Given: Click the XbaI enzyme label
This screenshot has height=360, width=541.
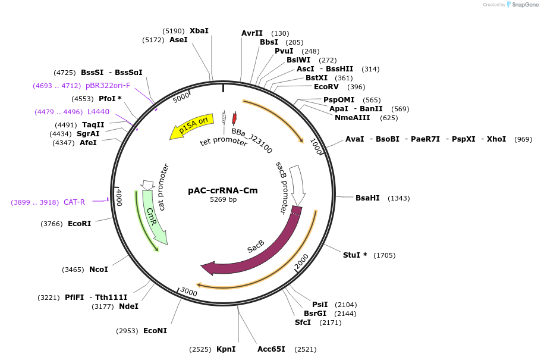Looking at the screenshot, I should click(x=199, y=31).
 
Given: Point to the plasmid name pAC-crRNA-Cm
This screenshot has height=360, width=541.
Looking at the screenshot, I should click(x=223, y=190).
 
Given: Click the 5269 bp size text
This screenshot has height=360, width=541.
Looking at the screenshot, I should click(x=223, y=200).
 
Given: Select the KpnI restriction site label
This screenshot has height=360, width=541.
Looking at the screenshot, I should click(x=226, y=349).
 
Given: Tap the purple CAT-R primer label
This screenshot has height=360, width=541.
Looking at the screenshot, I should click(x=74, y=202).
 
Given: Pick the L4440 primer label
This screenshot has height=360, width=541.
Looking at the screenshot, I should click(x=98, y=112).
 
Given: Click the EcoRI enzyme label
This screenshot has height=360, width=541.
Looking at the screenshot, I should click(x=79, y=224).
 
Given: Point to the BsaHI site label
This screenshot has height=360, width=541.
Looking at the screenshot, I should click(x=367, y=198).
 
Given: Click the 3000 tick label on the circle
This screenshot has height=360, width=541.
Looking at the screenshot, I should click(x=188, y=292).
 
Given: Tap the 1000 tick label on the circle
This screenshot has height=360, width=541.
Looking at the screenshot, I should click(x=316, y=146).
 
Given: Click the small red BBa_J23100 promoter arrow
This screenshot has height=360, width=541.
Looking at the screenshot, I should click(x=234, y=118).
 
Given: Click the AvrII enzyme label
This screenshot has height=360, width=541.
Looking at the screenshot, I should click(x=252, y=33).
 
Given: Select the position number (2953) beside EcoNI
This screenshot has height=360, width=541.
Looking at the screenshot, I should click(x=127, y=331).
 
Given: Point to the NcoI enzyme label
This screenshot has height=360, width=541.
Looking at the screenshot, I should click(x=99, y=270).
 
